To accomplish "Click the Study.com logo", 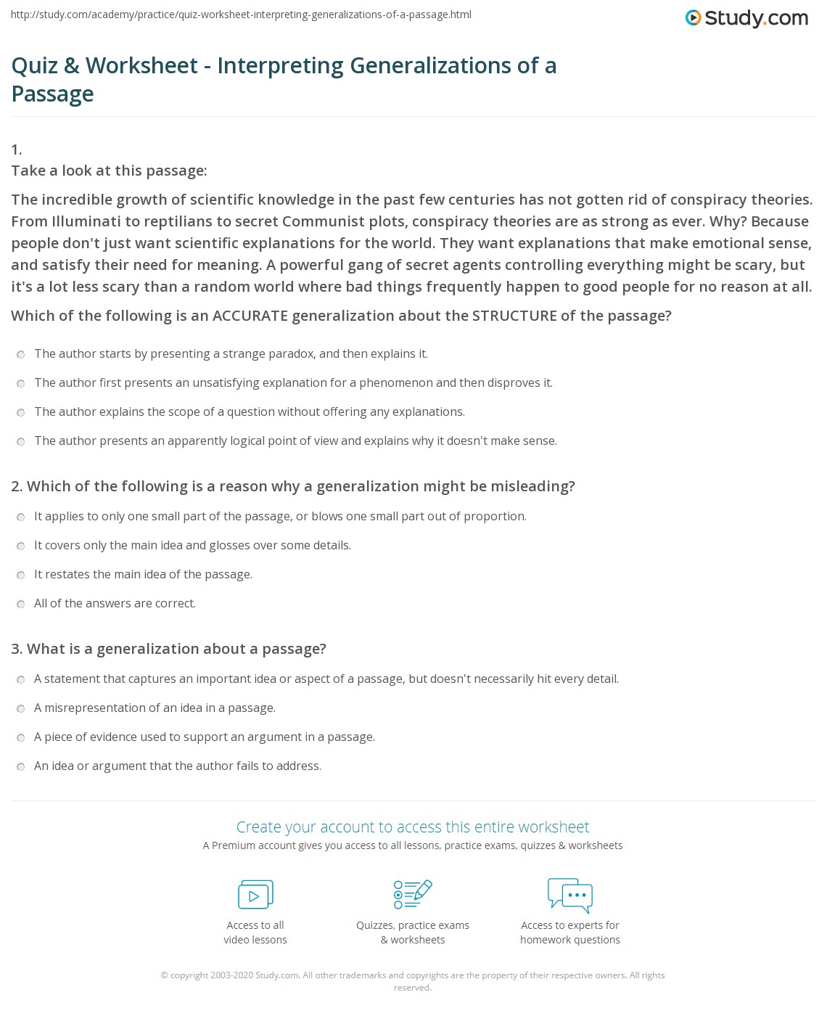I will coord(746,18).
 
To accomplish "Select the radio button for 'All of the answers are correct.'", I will coord(21,604).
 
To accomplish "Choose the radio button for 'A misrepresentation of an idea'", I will coord(21,708).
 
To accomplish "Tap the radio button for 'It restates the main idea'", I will coord(21,575).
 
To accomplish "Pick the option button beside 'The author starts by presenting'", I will coord(21,354).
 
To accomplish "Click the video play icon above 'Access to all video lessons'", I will coord(255,895).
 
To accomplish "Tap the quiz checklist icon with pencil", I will coord(412,894).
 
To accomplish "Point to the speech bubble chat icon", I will coord(570,894).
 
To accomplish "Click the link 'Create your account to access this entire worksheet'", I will coord(412,827).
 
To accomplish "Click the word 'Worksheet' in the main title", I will coord(141,65).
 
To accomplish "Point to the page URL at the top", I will coord(242,14).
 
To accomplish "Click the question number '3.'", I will coord(17,649).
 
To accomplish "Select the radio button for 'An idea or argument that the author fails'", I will coord(21,766).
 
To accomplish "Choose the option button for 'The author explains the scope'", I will coord(21,412).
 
